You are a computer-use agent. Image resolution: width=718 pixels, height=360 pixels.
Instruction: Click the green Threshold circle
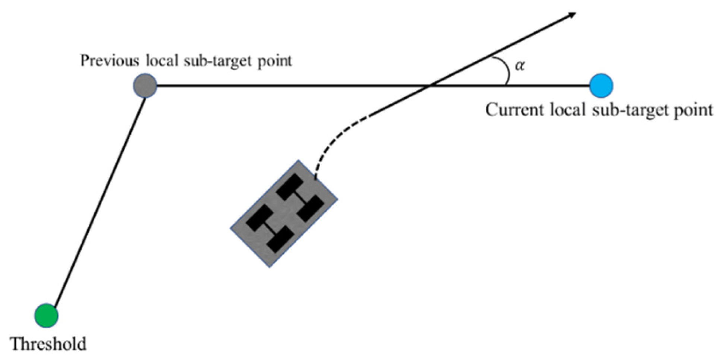(46, 315)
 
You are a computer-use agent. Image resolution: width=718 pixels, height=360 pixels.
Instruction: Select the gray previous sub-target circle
(145, 85)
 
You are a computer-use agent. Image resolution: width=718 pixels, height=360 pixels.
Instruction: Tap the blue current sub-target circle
(601, 85)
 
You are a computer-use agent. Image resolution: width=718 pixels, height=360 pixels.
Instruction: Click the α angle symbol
(520, 66)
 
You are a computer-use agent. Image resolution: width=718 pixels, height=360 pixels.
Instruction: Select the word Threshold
(48, 344)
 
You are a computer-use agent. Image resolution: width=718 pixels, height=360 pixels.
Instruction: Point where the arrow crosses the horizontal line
(429, 86)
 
